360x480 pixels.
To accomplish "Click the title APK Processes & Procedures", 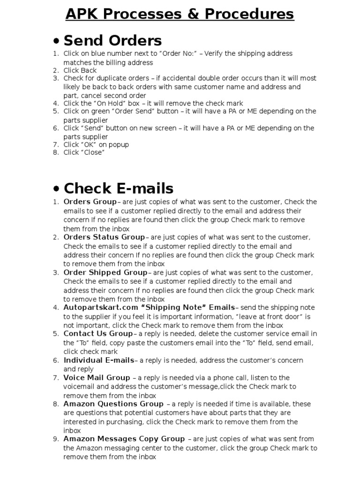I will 180,15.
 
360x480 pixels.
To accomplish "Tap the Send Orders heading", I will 112,40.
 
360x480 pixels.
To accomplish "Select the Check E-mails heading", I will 118,188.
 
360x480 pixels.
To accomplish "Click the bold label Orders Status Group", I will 104,237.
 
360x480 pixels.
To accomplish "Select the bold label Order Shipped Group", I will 105,272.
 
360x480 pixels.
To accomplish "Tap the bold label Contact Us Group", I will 98,334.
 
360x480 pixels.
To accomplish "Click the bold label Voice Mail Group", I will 97,377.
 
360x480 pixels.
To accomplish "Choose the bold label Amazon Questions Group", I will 113,404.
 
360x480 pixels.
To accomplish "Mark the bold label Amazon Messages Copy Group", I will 124,439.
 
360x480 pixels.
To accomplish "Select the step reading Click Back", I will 80,70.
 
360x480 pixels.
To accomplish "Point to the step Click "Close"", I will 84,152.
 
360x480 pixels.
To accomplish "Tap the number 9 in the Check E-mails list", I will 56,439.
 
